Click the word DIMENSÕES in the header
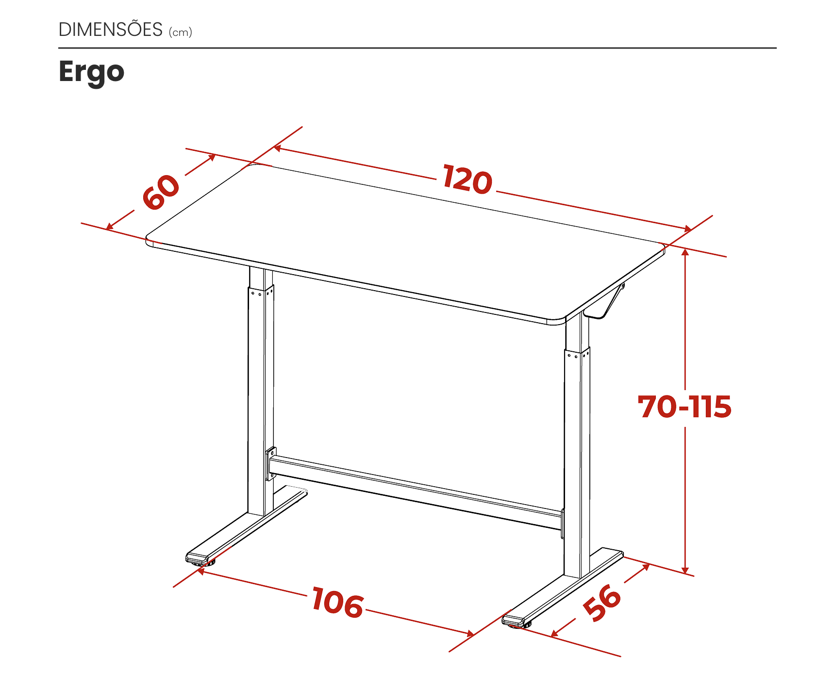[110, 30]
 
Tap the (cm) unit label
[181, 33]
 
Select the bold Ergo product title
[91, 72]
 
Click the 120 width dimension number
[467, 179]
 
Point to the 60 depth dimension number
[161, 192]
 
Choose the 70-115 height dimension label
[685, 407]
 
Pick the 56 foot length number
[602, 602]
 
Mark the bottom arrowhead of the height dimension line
[685, 570]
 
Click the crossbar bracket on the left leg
[271, 464]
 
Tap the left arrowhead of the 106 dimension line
[200, 572]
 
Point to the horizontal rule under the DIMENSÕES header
[417, 48]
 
